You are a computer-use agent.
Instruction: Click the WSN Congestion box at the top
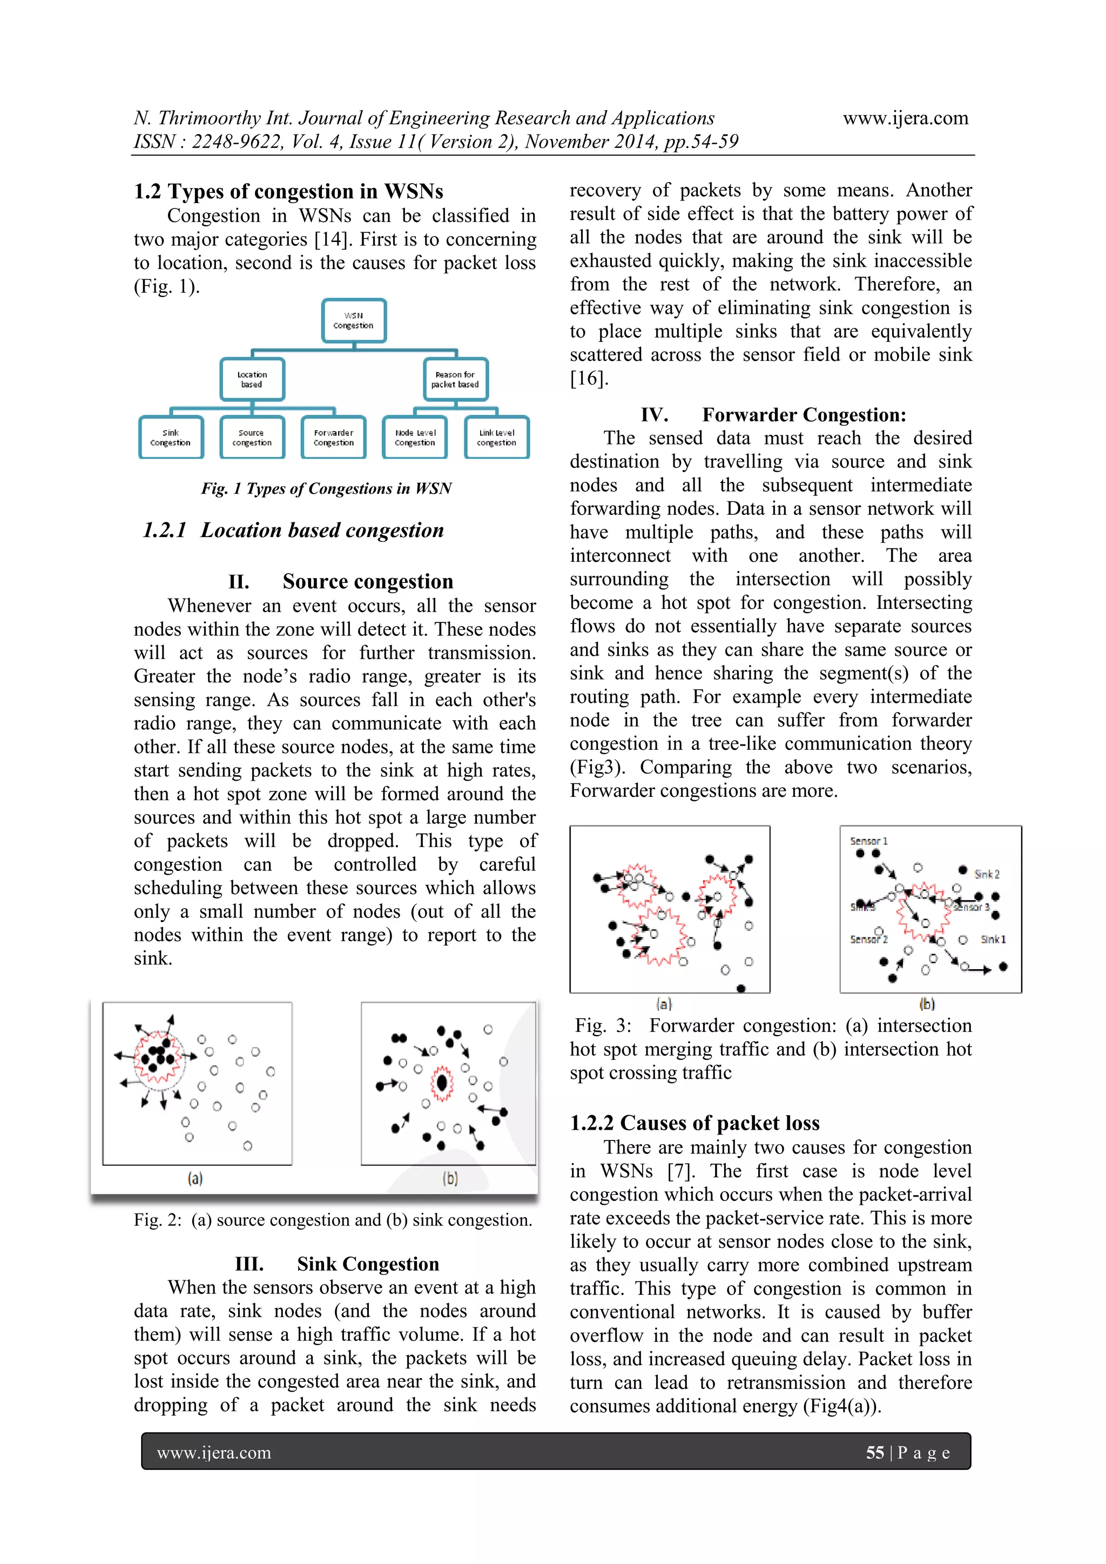pyautogui.click(x=354, y=320)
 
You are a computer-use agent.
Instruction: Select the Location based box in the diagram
pyautogui.click(x=252, y=379)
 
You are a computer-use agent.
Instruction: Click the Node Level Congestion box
pyautogui.click(x=415, y=437)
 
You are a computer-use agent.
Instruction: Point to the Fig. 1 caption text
pyautogui.click(x=326, y=488)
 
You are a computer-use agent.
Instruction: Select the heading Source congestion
pyautogui.click(x=367, y=581)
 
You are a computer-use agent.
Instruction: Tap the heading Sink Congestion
pyautogui.click(x=367, y=1264)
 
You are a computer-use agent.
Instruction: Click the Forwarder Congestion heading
pyautogui.click(x=804, y=415)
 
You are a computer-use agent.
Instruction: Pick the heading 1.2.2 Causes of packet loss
pyautogui.click(x=694, y=1123)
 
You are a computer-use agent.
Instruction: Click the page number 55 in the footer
pyautogui.click(x=874, y=1452)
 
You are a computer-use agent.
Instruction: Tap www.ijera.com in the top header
pyautogui.click(x=905, y=118)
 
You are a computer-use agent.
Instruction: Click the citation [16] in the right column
pyautogui.click(x=589, y=378)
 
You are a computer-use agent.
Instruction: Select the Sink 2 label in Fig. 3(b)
pyautogui.click(x=986, y=874)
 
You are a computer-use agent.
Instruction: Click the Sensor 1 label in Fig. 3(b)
pyautogui.click(x=868, y=841)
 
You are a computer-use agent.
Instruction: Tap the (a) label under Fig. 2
pyautogui.click(x=195, y=1178)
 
